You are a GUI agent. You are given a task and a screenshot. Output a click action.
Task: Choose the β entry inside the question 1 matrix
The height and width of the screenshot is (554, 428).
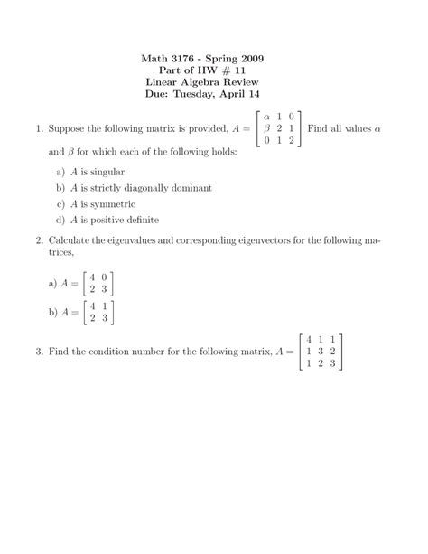tap(266, 129)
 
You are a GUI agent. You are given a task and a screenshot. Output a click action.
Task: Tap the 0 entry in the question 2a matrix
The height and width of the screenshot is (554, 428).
tap(106, 277)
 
